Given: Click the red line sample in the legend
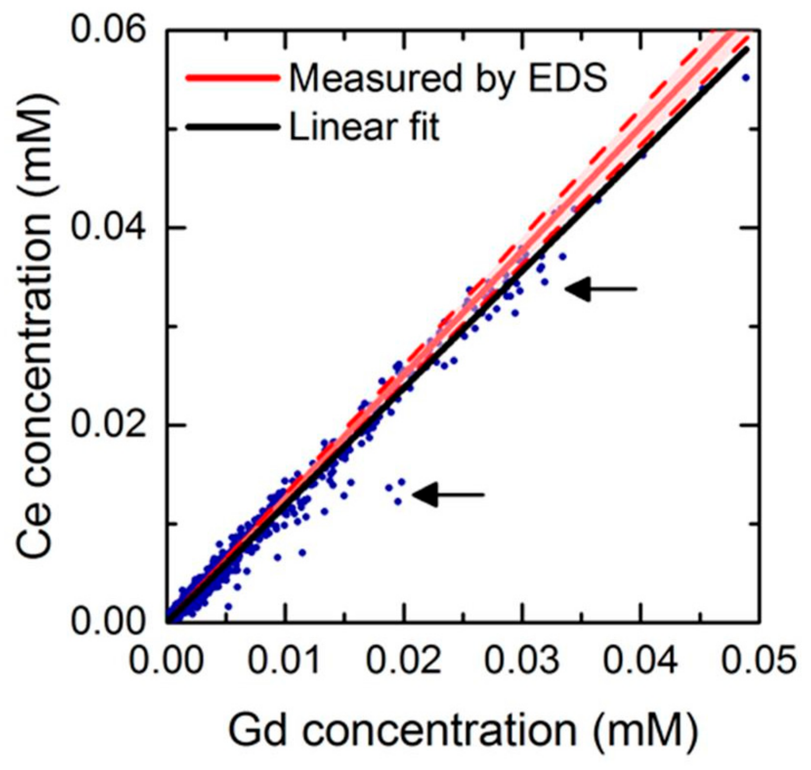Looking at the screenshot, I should point(232,78).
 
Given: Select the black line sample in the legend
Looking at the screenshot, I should point(232,127).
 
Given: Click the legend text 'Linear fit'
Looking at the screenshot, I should point(364,127).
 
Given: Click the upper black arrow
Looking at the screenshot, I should point(600,289).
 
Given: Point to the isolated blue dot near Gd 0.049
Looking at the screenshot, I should point(746,78).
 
